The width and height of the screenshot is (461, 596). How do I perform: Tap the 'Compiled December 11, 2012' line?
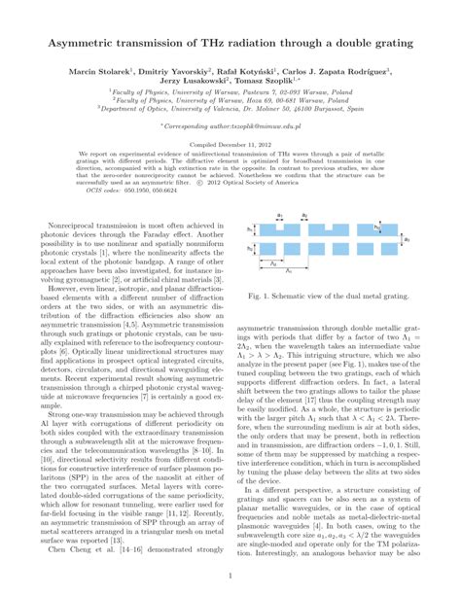[230, 144]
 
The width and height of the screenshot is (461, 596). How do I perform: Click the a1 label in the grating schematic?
[280, 215]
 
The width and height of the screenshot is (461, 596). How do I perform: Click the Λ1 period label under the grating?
[288, 269]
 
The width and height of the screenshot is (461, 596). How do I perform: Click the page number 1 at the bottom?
[230, 576]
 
